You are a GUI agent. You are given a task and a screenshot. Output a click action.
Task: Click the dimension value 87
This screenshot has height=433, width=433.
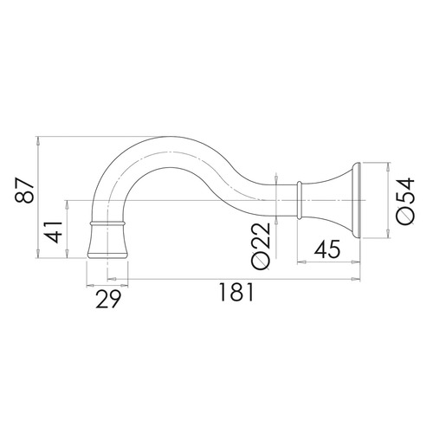pyautogui.click(x=24, y=191)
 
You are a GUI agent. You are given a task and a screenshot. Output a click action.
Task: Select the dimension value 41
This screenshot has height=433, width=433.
pyautogui.click(x=55, y=232)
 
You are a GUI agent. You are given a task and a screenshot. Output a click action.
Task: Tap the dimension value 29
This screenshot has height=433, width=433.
pyautogui.click(x=108, y=299)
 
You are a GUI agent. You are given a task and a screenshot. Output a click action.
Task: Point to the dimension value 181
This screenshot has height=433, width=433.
pyautogui.click(x=236, y=292)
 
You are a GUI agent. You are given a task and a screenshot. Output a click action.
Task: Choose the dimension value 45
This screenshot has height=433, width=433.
pyautogui.click(x=327, y=249)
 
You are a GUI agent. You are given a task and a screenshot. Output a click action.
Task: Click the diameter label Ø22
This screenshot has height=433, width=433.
pyautogui.click(x=261, y=246)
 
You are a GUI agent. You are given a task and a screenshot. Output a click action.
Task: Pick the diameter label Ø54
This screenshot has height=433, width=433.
pyautogui.click(x=405, y=201)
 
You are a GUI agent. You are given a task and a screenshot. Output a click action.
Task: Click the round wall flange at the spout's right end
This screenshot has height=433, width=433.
pyautogui.click(x=356, y=201)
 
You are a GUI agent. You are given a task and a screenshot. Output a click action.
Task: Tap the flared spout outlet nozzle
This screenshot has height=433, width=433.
pyautogui.click(x=107, y=242)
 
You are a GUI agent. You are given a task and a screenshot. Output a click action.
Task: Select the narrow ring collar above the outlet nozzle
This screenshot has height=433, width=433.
pyautogui.click(x=107, y=223)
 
